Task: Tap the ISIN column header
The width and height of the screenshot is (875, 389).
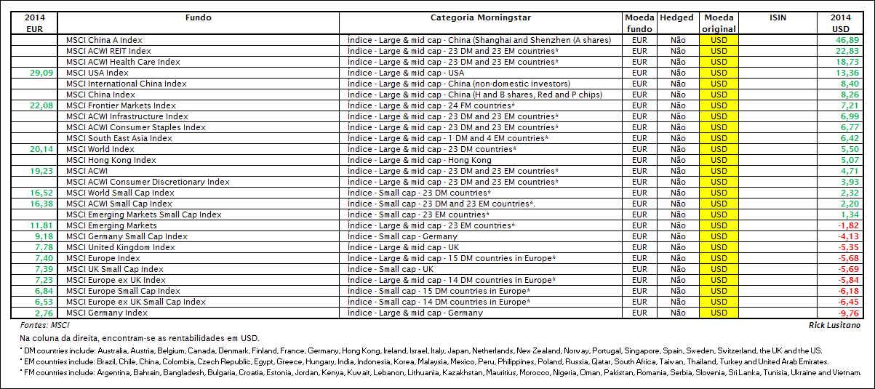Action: [x=777, y=17]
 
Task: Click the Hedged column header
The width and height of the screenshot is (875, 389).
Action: [x=676, y=17]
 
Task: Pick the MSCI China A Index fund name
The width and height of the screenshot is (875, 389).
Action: [x=104, y=40]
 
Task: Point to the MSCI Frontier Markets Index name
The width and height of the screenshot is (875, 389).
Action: [x=121, y=105]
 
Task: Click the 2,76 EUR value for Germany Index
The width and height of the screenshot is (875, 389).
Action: [x=44, y=313]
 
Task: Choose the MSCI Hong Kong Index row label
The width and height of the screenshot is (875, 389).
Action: [x=111, y=160]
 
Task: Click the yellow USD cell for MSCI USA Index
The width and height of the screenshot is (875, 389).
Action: [x=719, y=73]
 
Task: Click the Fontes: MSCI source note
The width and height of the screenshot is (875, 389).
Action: [x=41, y=325]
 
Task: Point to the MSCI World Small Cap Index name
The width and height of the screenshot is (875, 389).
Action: [x=120, y=193]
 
